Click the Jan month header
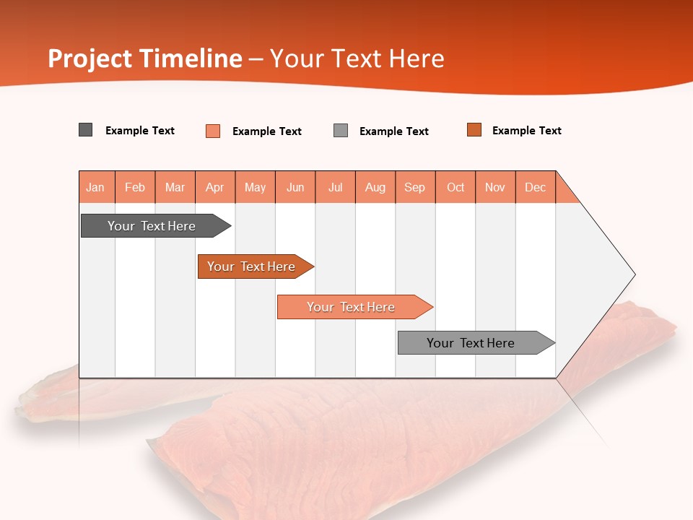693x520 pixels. pos(96,187)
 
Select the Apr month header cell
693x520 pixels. pos(215,187)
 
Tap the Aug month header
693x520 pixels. pos(375,187)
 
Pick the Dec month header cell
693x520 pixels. pos(536,187)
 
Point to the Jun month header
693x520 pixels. pos(295,187)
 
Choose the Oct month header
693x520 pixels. pos(456,187)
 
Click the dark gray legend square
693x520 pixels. pos(86,130)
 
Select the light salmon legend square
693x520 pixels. pos(213,131)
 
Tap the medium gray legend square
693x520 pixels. pos(341,131)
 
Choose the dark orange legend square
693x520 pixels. pos(474,130)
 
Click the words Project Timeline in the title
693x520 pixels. pos(145,58)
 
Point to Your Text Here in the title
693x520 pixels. pos(357,58)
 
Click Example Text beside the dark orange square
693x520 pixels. pos(526,131)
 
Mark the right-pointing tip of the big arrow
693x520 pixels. pos(634,274)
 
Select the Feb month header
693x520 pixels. pos(135,187)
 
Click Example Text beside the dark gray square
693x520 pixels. pos(140,131)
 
